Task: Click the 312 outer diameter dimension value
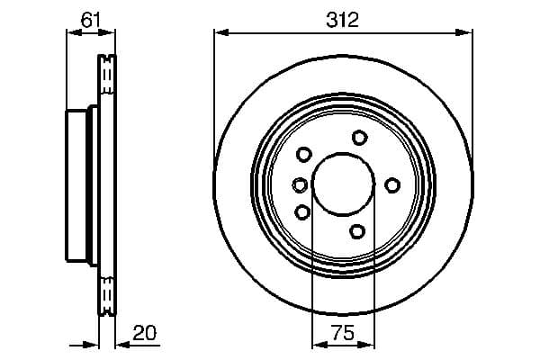343,19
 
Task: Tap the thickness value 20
145,333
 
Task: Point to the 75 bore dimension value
342,333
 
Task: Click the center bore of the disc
342,184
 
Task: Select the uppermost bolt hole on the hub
360,137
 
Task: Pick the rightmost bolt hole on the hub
392,184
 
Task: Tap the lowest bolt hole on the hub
357,231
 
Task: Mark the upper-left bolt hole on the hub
303,154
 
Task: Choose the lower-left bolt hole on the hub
302,212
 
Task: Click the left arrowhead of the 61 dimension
73,33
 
